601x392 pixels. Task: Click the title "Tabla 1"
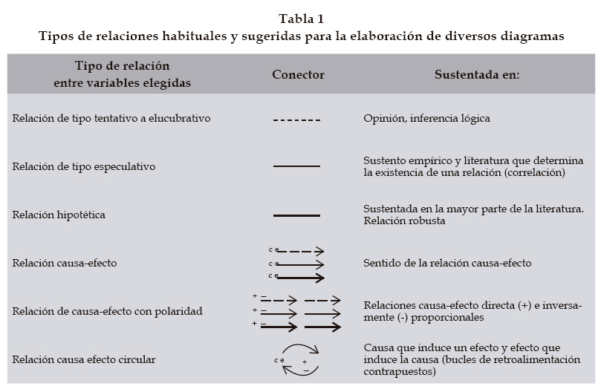[302, 19]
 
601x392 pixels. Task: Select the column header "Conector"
[298, 75]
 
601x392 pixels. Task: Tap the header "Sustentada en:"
[476, 75]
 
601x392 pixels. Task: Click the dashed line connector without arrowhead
[296, 120]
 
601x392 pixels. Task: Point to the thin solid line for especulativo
[296, 166]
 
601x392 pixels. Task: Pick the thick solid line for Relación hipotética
[296, 215]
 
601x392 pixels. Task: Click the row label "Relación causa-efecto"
[65, 263]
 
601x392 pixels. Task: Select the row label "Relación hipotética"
[59, 215]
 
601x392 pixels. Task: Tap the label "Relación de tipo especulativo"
[84, 166]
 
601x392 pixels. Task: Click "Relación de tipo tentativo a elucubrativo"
[111, 118]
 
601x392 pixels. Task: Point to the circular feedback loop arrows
[298, 359]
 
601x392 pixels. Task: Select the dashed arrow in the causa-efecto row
[300, 252]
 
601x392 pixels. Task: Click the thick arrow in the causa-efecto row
[300, 278]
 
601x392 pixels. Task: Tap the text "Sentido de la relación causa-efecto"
[447, 263]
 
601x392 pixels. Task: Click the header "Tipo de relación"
[122, 66]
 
